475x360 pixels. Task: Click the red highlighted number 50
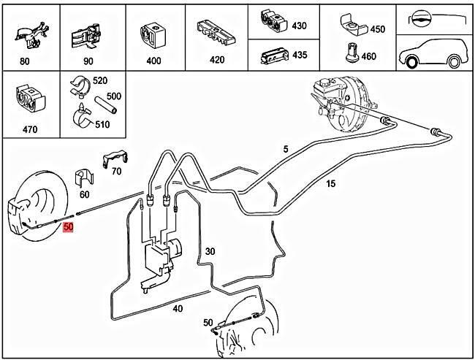[x=68, y=227]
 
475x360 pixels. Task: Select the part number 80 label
[x=25, y=61]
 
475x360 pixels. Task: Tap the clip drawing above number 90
[x=87, y=37]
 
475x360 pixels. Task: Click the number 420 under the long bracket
[x=217, y=60]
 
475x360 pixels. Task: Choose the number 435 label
[x=300, y=55]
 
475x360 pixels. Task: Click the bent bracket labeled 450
[x=354, y=25]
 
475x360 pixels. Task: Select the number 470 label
[x=30, y=129]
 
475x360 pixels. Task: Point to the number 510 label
[x=102, y=124]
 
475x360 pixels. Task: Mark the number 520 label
[x=100, y=80]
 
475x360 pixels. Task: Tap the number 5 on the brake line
[x=286, y=149]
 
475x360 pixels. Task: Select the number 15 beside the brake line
[x=331, y=183]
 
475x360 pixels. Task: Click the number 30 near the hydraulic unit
[x=210, y=251]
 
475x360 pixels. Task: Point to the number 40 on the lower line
[x=178, y=309]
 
